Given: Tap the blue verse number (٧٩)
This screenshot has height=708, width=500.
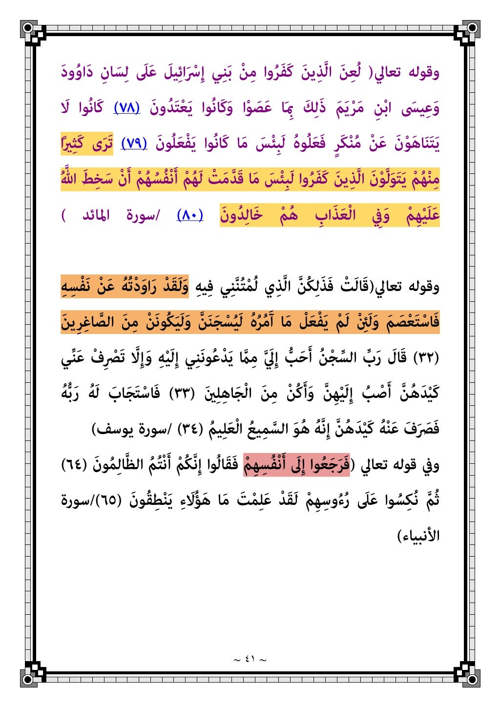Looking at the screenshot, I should pyautogui.click(x=134, y=144).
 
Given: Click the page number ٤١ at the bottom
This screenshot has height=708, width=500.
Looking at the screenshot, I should pyautogui.click(x=250, y=659).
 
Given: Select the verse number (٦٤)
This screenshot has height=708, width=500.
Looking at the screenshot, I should pyautogui.click(x=74, y=464).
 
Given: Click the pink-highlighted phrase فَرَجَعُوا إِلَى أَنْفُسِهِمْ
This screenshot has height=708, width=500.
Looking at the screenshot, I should pyautogui.click(x=297, y=464).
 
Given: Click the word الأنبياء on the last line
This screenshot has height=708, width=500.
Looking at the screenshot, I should pyautogui.click(x=419, y=536).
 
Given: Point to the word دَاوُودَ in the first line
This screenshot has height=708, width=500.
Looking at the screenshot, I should pyautogui.click(x=79, y=73).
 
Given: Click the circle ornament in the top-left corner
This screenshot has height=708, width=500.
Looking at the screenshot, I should pyautogui.click(x=28, y=27).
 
